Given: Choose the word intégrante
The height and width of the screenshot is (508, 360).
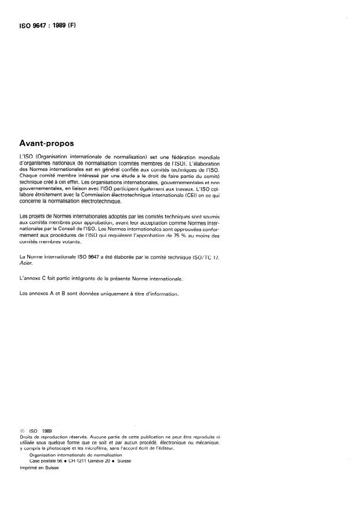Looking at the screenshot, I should coord(97,279).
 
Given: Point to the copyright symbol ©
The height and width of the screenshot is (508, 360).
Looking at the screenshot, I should coord(21,431).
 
